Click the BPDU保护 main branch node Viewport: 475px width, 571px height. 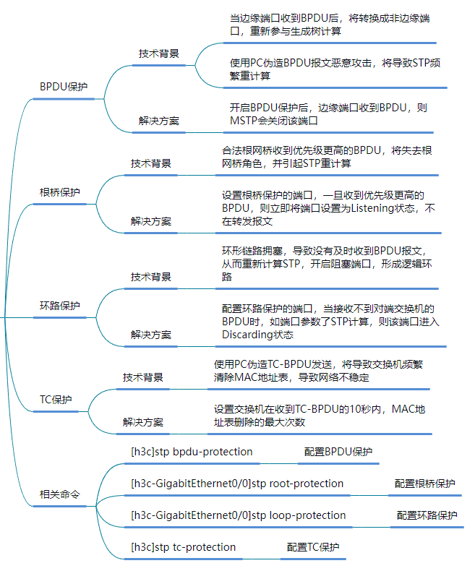click(x=64, y=87)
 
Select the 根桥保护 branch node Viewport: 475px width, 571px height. click(x=60, y=192)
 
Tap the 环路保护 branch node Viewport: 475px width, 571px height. click(x=60, y=305)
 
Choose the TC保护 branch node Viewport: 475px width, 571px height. click(x=56, y=400)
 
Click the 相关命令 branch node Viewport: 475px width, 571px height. click(x=60, y=495)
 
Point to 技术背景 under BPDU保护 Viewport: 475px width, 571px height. click(x=159, y=53)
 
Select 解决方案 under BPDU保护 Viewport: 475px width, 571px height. click(x=159, y=121)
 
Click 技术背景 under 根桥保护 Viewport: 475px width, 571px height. click(x=151, y=163)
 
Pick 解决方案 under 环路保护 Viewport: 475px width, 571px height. click(x=151, y=335)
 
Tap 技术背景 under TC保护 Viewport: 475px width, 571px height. click(x=143, y=377)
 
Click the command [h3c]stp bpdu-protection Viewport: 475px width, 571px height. click(x=192, y=452)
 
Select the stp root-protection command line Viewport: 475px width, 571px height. click(x=237, y=484)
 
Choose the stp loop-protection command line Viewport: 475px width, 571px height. click(x=238, y=515)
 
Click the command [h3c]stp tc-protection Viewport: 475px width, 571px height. click(x=183, y=547)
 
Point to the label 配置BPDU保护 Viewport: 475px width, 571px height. click(x=338, y=452)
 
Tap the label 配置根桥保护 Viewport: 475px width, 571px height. click(x=424, y=484)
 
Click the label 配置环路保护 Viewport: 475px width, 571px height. click(x=427, y=515)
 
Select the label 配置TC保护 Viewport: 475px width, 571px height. click(x=312, y=547)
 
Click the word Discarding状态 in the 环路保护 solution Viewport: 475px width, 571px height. click(x=257, y=335)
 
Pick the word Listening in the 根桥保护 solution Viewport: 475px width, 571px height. click(x=374, y=208)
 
